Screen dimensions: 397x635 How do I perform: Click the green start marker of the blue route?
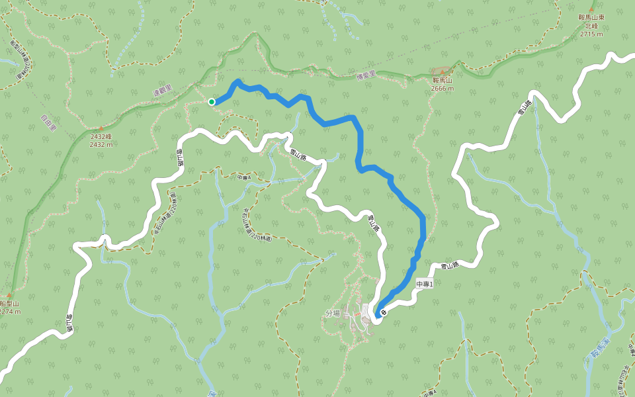212,102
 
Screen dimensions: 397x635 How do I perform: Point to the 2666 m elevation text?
442,88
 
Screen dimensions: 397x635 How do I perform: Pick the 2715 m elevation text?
591,34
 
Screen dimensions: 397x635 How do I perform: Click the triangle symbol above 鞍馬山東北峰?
591,8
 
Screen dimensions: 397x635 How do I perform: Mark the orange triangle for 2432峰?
100,128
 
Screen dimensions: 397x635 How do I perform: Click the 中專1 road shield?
424,284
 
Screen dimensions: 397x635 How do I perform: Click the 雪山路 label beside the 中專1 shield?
450,265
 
